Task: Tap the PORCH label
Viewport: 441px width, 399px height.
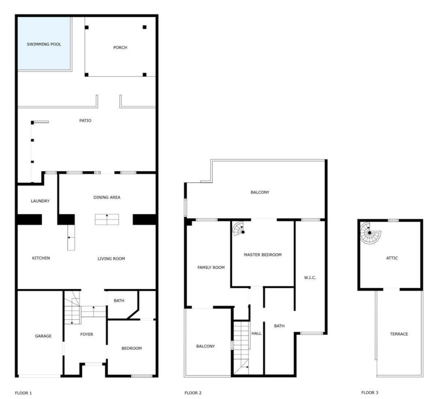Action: (120, 47)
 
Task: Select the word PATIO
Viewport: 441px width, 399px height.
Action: (85, 120)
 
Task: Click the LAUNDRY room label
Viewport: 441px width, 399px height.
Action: (40, 201)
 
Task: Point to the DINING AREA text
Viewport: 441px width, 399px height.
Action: (107, 197)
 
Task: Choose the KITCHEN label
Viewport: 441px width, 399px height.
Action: (41, 258)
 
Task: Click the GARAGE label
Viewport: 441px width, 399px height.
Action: (43, 336)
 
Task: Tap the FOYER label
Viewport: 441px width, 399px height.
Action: (87, 334)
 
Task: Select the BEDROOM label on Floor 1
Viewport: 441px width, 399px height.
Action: (131, 348)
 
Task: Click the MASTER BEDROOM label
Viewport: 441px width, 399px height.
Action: (263, 255)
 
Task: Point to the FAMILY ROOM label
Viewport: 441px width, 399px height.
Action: (211, 268)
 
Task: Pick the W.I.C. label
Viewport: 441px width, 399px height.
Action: (310, 278)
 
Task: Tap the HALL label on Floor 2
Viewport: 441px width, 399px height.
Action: (257, 333)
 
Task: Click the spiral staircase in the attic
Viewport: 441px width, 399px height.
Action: (371, 233)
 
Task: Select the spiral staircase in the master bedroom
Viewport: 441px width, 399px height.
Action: (238, 228)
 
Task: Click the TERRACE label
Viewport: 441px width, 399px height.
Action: (399, 334)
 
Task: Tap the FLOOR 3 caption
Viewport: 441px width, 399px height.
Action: (370, 393)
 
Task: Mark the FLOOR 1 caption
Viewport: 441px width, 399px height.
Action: (23, 393)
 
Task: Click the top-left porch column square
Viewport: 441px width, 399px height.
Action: (87, 27)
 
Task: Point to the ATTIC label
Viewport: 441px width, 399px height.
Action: (392, 258)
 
